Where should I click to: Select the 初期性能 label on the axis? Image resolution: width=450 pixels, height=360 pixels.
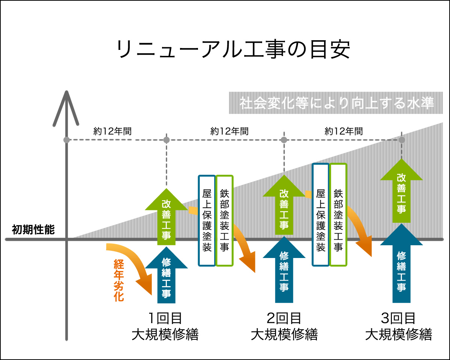33,230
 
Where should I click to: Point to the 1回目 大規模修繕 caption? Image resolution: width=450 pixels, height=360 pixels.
165,326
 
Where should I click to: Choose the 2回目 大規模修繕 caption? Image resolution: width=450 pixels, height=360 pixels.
284,326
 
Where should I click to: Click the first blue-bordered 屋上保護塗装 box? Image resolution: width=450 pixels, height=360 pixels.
207,220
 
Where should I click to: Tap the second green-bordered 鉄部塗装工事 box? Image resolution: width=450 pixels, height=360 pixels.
338,214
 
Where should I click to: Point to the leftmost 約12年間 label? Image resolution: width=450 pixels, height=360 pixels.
112,131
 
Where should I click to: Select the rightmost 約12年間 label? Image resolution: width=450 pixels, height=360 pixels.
343,131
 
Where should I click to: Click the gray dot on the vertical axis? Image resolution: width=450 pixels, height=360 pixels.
67,140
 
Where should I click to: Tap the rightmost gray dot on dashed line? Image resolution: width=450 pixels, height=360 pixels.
402,140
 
